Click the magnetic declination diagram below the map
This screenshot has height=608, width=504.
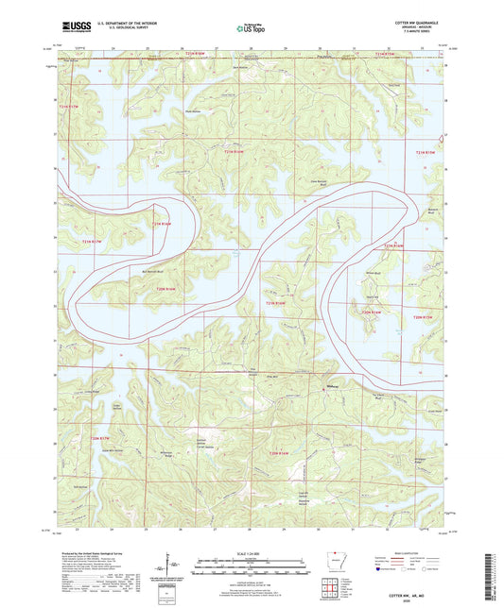(176, 566)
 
